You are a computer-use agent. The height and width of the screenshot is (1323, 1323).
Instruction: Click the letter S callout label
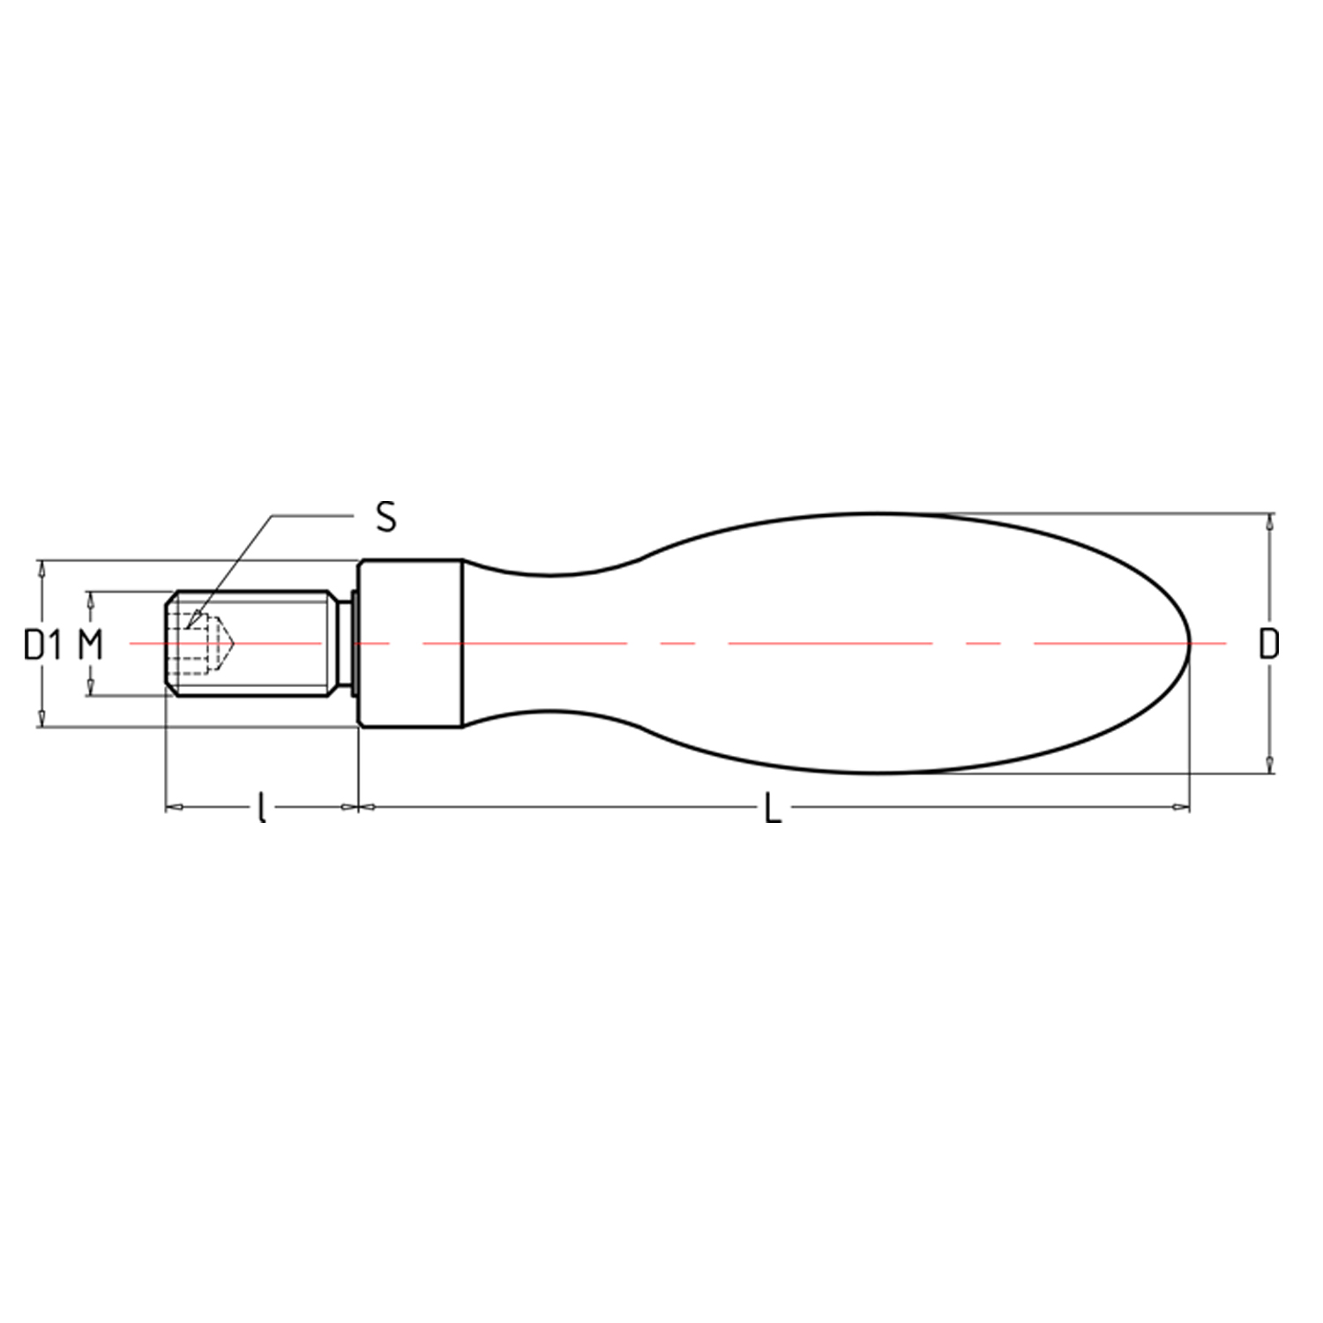pos(385,517)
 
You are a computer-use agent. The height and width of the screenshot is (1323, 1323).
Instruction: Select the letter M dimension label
pos(91,645)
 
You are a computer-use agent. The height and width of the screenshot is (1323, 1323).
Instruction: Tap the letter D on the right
pos(1268,645)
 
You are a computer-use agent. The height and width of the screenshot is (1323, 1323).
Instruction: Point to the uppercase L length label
pos(773,807)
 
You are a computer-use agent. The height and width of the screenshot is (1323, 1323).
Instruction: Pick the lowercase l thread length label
pos(261,807)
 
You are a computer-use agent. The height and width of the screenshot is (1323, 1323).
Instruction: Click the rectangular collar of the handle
pos(409,644)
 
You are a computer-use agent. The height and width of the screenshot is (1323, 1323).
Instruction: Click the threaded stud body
pos(251,644)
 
